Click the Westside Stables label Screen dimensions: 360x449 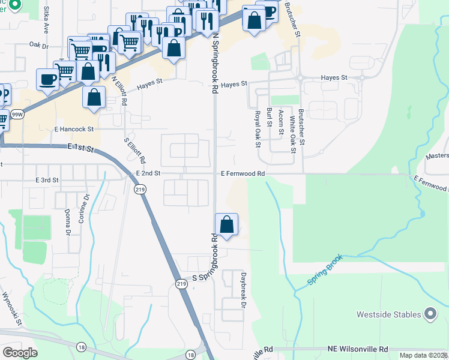(390, 314)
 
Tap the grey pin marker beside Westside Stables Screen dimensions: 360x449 (430, 314)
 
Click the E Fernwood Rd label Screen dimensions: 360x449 (243, 173)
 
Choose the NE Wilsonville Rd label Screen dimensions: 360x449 (358, 349)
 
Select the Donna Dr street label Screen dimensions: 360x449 (67, 222)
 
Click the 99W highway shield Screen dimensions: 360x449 (17, 115)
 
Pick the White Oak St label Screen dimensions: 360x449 (293, 134)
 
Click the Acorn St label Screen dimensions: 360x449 (281, 127)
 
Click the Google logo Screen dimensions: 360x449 (20, 353)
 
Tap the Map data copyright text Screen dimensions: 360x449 (423, 355)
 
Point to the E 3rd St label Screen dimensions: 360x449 (47, 180)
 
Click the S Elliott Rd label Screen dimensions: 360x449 (134, 151)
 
